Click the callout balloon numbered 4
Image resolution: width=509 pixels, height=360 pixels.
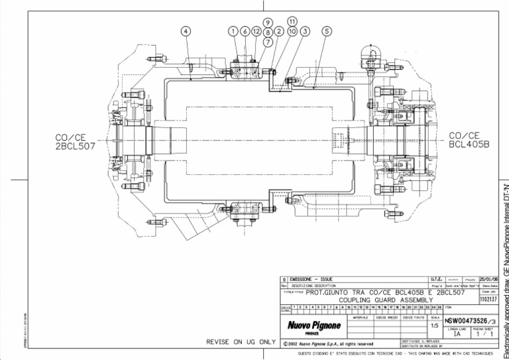[186, 31]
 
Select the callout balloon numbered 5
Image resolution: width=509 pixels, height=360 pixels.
[326, 31]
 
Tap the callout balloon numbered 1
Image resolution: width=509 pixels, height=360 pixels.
[233, 31]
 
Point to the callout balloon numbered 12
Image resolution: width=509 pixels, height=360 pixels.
[256, 31]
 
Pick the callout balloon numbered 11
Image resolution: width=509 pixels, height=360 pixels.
[292, 21]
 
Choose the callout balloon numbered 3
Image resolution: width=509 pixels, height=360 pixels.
[304, 31]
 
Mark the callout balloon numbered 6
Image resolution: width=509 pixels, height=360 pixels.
[245, 31]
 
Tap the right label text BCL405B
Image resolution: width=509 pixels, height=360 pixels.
[469, 143]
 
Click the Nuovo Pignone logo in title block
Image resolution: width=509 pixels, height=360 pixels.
[313, 326]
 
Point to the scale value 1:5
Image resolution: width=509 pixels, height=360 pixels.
[434, 326]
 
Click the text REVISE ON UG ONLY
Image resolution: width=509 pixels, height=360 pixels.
[241, 341]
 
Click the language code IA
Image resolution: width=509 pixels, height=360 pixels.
[457, 335]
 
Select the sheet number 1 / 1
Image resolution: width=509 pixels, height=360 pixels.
[486, 335]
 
